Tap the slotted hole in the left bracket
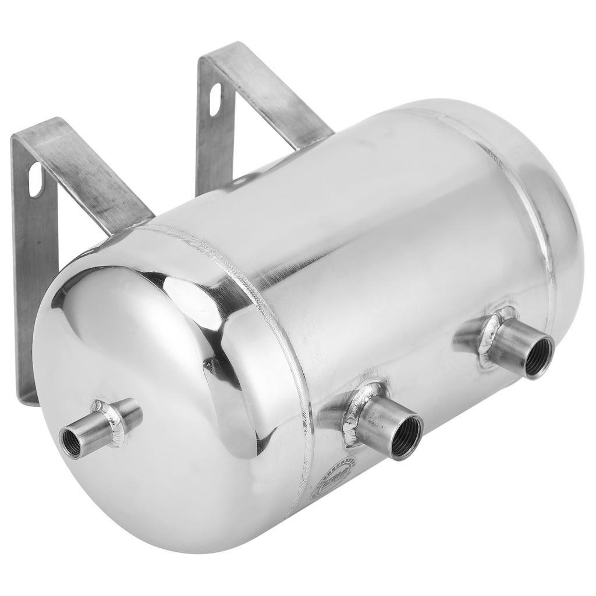(x=36, y=179)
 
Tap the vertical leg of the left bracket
(x=29, y=262)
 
